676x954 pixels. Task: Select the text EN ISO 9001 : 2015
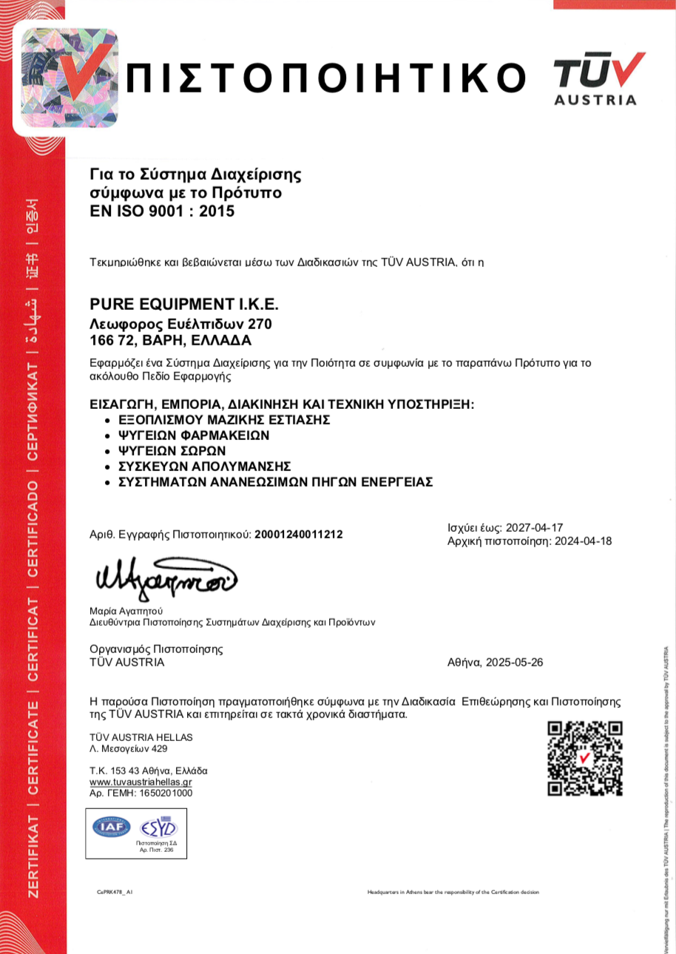tap(161, 212)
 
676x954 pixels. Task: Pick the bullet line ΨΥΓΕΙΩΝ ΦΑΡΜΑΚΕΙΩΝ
tap(194, 436)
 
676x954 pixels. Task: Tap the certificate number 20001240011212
tap(299, 534)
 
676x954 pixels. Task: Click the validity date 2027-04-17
tap(535, 528)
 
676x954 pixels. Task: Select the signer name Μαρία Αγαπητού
tap(125, 611)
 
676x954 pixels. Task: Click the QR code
tap(584, 759)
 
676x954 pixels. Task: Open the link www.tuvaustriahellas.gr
tap(141, 782)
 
